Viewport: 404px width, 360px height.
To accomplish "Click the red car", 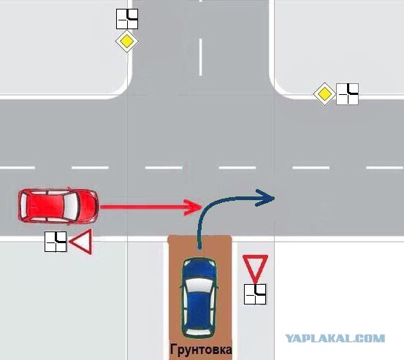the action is click(58, 205).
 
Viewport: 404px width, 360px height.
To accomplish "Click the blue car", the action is click(199, 298).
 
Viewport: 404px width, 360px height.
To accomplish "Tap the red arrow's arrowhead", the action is click(193, 207).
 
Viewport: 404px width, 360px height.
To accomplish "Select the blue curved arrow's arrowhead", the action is click(266, 198).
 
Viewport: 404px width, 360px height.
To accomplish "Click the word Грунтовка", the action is click(201, 350).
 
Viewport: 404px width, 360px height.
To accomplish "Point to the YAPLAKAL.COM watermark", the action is click(335, 338).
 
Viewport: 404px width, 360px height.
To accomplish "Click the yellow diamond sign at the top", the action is click(127, 41).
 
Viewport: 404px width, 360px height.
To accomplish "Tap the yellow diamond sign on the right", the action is click(324, 94).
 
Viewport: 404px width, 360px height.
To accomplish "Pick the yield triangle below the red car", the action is click(82, 242).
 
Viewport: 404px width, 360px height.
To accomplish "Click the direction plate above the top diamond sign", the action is click(127, 19).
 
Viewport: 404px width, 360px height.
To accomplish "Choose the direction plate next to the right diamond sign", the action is click(347, 94).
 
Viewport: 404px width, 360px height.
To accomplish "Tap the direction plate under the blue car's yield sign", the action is click(255, 294).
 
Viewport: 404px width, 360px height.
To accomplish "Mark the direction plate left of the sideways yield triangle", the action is click(56, 242).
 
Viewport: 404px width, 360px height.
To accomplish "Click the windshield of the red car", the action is click(71, 205).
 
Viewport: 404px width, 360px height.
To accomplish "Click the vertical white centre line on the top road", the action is click(200, 57).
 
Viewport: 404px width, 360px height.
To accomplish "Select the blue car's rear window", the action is click(199, 332).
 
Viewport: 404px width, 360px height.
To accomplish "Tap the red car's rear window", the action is click(24, 205).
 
